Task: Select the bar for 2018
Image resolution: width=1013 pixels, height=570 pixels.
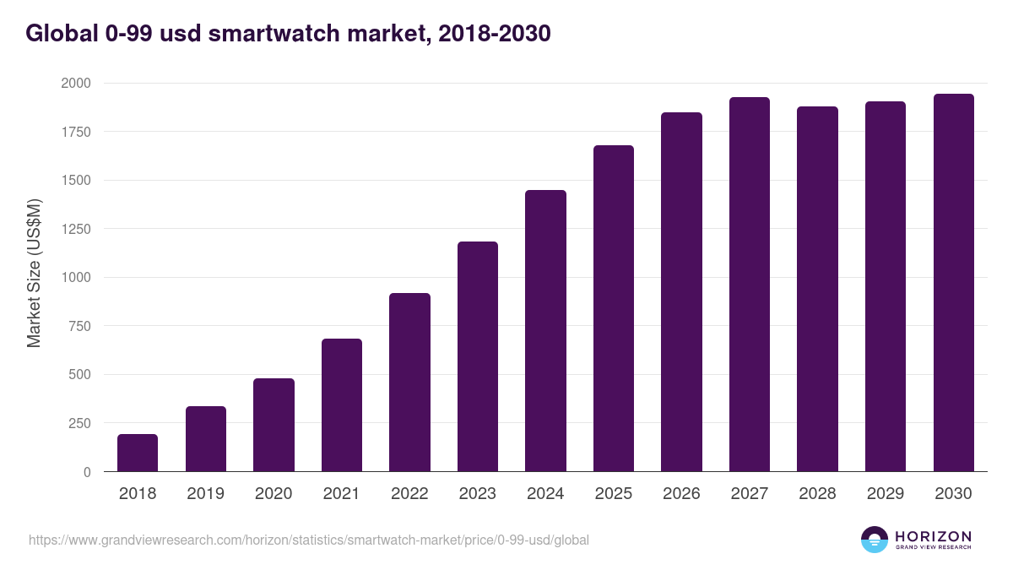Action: pyautogui.click(x=138, y=453)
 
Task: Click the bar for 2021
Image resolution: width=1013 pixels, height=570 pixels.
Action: pyautogui.click(x=342, y=405)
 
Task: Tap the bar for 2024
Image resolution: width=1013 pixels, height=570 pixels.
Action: pyautogui.click(x=545, y=331)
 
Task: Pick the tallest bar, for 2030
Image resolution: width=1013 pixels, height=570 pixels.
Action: pyautogui.click(x=953, y=283)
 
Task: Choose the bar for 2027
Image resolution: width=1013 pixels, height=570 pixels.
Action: pyautogui.click(x=750, y=285)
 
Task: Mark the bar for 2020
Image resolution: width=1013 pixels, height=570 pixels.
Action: pyautogui.click(x=274, y=425)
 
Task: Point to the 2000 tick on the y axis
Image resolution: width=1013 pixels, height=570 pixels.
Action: pyautogui.click(x=75, y=84)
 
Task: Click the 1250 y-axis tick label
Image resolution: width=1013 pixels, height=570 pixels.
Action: pyautogui.click(x=75, y=229)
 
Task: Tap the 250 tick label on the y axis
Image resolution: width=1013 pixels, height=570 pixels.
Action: pyautogui.click(x=79, y=423)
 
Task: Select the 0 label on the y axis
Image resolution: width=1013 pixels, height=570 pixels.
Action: pyautogui.click(x=87, y=472)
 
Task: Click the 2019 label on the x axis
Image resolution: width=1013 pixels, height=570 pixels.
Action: pyautogui.click(x=205, y=494)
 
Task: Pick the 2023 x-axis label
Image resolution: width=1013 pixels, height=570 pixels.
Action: pyautogui.click(x=477, y=494)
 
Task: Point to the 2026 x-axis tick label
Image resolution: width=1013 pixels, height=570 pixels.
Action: pyautogui.click(x=681, y=494)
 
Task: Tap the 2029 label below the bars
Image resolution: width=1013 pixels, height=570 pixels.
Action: pyautogui.click(x=885, y=494)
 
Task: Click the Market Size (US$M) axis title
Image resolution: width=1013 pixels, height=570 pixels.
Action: pyautogui.click(x=34, y=273)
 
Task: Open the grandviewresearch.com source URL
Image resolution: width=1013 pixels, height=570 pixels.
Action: pyautogui.click(x=308, y=540)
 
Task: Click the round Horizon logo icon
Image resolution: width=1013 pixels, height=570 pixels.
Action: pyautogui.click(x=875, y=540)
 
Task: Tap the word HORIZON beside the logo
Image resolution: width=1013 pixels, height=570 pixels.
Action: pyautogui.click(x=933, y=536)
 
